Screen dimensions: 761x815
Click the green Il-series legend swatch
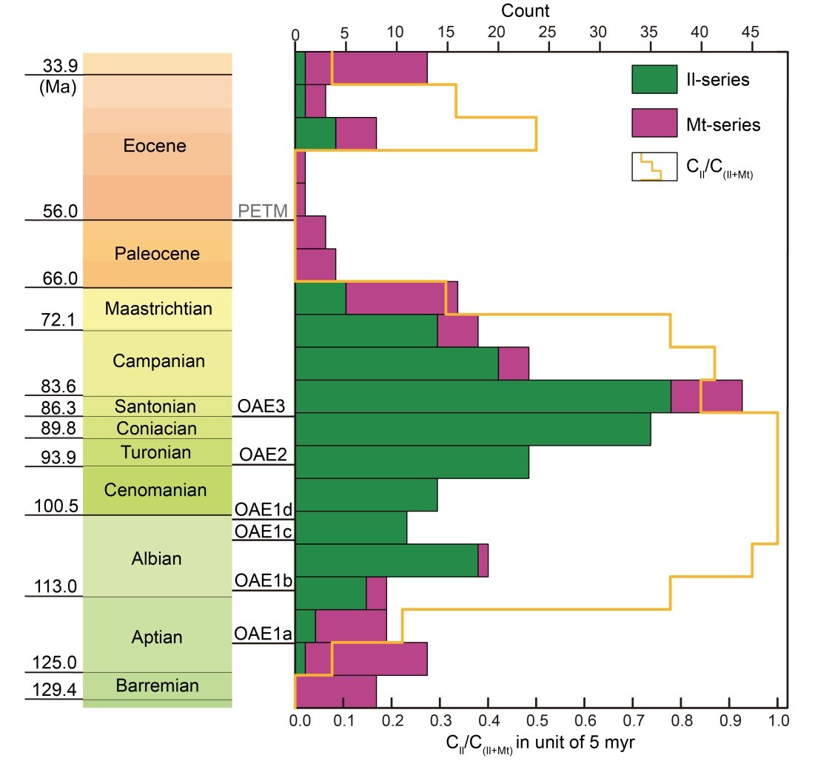click(654, 79)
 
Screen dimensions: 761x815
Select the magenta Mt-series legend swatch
click(654, 124)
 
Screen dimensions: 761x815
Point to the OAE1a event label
click(263, 634)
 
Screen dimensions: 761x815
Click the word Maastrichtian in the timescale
click(158, 308)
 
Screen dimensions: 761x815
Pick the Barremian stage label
click(157, 685)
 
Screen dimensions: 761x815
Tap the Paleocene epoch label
click(157, 254)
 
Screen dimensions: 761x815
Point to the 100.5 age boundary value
click(56, 506)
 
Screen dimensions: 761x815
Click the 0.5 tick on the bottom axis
click(536, 720)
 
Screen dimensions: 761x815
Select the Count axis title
click(525, 11)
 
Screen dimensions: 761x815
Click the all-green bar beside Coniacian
click(472, 429)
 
